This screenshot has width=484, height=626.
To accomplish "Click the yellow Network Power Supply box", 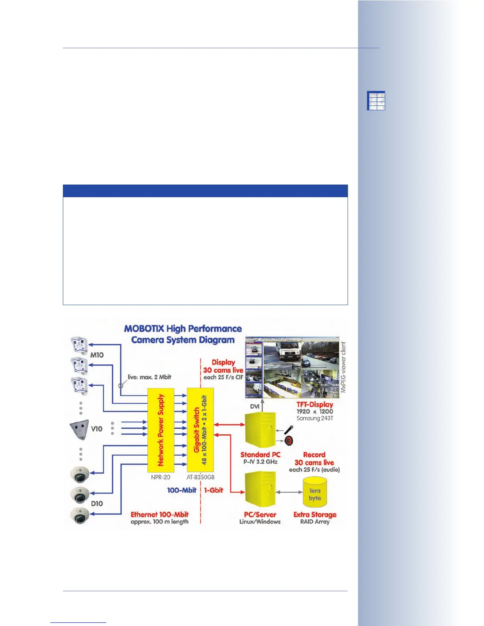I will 161,430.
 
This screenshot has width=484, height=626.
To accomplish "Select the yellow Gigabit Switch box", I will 200,430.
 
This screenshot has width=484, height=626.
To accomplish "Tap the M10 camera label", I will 97,355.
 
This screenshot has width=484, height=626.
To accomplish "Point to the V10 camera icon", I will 79,429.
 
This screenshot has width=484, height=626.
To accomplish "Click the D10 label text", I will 97,503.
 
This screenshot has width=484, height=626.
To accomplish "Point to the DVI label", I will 255,406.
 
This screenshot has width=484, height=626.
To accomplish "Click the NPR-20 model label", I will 161,477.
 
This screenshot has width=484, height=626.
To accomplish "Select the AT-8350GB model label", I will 200,477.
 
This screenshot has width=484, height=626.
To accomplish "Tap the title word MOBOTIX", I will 144,329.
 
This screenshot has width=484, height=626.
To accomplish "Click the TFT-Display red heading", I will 315,404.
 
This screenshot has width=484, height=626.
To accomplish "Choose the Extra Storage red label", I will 315,515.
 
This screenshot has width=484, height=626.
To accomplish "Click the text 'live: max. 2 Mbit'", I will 149,377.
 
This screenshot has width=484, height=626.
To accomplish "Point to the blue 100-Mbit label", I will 181,490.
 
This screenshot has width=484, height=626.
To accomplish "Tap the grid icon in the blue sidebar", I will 376,100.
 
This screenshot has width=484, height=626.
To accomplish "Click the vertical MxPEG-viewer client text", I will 343,367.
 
